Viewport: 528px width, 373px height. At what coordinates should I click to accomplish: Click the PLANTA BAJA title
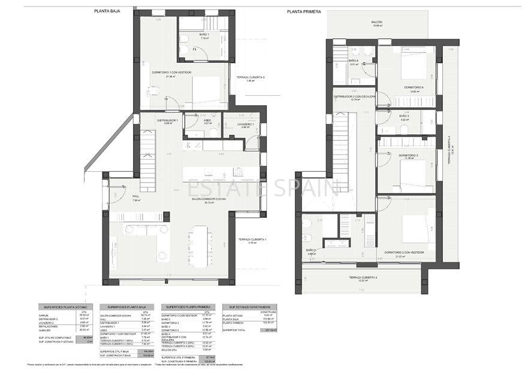click(108, 11)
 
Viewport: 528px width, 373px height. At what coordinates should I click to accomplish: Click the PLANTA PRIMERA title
click(304, 11)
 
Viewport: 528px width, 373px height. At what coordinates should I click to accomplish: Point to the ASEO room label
click(206, 120)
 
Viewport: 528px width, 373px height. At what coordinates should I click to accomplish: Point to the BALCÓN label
click(376, 22)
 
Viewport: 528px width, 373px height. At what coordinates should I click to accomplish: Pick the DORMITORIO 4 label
click(414, 87)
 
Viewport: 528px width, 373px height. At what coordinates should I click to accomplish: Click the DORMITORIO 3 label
click(408, 155)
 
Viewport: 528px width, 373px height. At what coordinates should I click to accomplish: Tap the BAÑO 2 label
click(310, 250)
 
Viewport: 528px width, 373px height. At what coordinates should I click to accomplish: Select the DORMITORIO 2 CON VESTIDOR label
click(403, 252)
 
